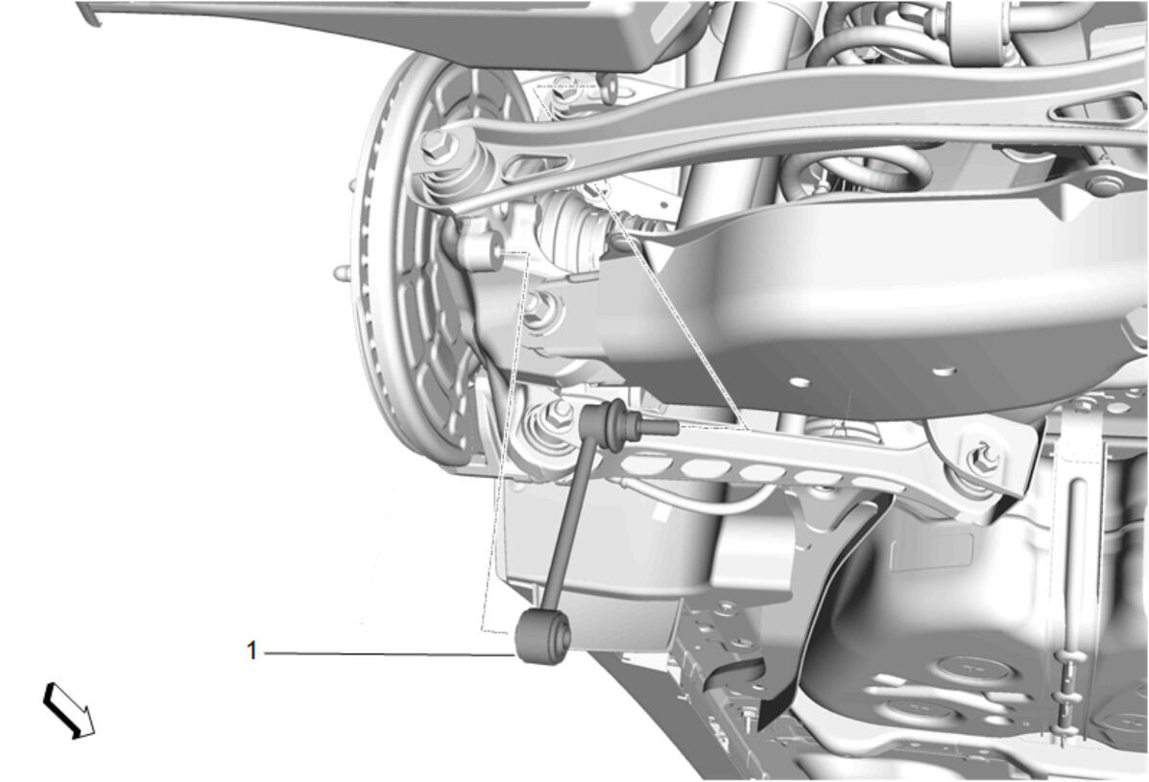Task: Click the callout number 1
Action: tap(252, 651)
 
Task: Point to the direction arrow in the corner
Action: tap(68, 709)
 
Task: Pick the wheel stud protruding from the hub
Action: tap(343, 274)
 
